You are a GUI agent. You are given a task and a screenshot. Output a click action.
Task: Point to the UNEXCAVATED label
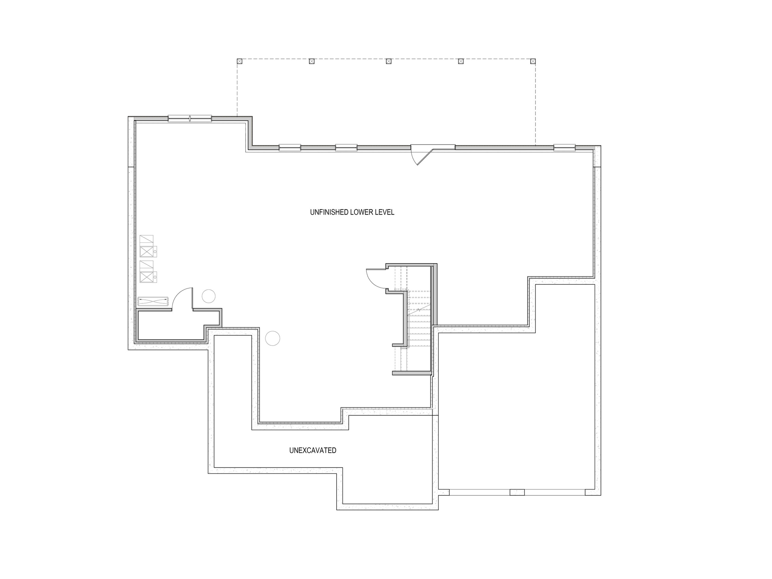point(313,451)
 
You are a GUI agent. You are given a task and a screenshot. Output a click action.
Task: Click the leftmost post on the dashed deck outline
point(239,62)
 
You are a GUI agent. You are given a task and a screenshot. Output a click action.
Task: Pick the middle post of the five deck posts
point(388,62)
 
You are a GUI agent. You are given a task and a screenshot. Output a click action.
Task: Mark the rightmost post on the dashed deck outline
point(533,62)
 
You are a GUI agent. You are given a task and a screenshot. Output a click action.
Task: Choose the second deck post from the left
point(312,62)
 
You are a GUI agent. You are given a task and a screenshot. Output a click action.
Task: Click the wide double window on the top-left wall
point(190,119)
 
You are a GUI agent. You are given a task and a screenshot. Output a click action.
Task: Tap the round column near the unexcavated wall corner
point(273,338)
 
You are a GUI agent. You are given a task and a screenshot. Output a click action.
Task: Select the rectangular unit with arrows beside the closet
point(153,301)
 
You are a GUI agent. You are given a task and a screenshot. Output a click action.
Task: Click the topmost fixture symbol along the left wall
point(147,239)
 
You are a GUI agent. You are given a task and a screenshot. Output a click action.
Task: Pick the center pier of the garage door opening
point(517,492)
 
